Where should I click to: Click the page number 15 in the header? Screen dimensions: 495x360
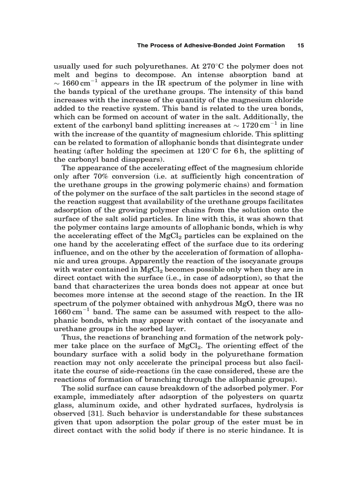300,45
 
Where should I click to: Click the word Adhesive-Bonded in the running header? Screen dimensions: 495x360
204,45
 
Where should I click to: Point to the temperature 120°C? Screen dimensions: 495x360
212,152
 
